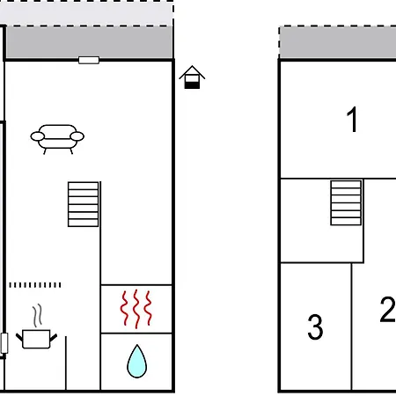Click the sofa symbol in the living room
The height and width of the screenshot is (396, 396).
tap(57, 139)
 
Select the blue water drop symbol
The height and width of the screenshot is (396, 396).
tap(137, 361)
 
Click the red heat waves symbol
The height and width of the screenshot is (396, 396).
tap(136, 309)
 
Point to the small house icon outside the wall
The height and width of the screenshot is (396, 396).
tap(192, 77)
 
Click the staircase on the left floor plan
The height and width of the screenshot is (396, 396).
tap(84, 204)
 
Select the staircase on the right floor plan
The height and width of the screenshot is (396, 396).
tap(346, 203)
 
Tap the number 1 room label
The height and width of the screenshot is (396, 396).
tap(352, 120)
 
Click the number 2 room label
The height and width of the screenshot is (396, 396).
tap(387, 310)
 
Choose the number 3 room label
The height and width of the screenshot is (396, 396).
tap(315, 327)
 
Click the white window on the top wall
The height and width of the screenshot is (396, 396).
tap(89, 60)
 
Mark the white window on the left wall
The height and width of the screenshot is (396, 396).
tap(4, 343)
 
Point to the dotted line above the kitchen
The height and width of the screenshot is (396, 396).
tap(35, 285)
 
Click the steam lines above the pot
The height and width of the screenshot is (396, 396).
tap(37, 316)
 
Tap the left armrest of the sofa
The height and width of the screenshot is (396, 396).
tap(38, 136)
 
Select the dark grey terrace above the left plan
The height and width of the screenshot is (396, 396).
tap(90, 42)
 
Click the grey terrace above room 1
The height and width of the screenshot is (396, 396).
tap(338, 43)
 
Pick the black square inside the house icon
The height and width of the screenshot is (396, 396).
tap(192, 85)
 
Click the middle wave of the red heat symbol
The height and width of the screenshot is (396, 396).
tap(136, 309)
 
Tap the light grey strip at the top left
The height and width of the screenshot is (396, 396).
tap(86, 14)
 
